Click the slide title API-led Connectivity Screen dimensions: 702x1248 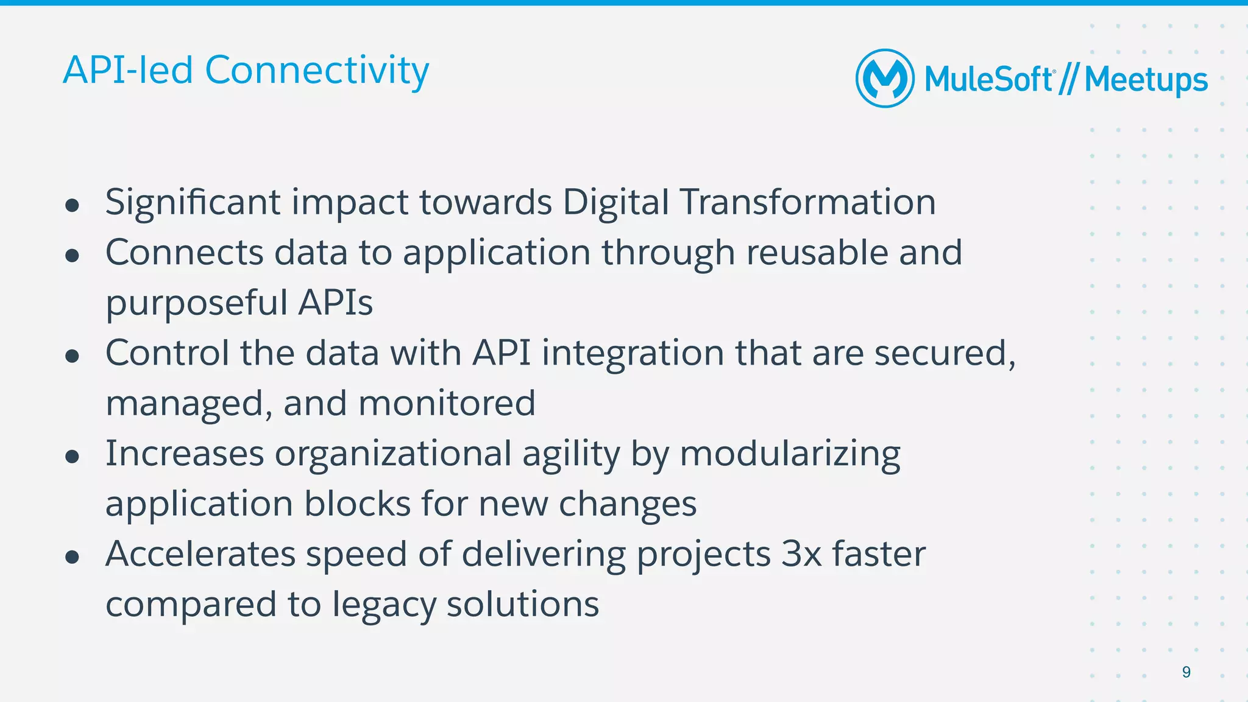pos(246,71)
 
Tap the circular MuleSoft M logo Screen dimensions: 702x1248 pos(885,79)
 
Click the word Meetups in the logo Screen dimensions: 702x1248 pos(1146,80)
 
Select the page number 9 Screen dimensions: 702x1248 pos(1186,672)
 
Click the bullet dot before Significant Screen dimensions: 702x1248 pos(73,205)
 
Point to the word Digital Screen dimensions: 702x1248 pos(615,203)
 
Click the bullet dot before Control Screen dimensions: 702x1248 pos(73,356)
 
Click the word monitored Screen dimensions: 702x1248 pos(447,404)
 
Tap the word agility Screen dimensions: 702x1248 pos(571,455)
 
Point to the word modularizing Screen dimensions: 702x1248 pos(790,455)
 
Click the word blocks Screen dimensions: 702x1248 pos(357,505)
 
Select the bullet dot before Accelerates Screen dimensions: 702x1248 pos(73,557)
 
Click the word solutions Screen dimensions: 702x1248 pos(523,605)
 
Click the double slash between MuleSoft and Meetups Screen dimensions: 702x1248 pos(1069,80)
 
